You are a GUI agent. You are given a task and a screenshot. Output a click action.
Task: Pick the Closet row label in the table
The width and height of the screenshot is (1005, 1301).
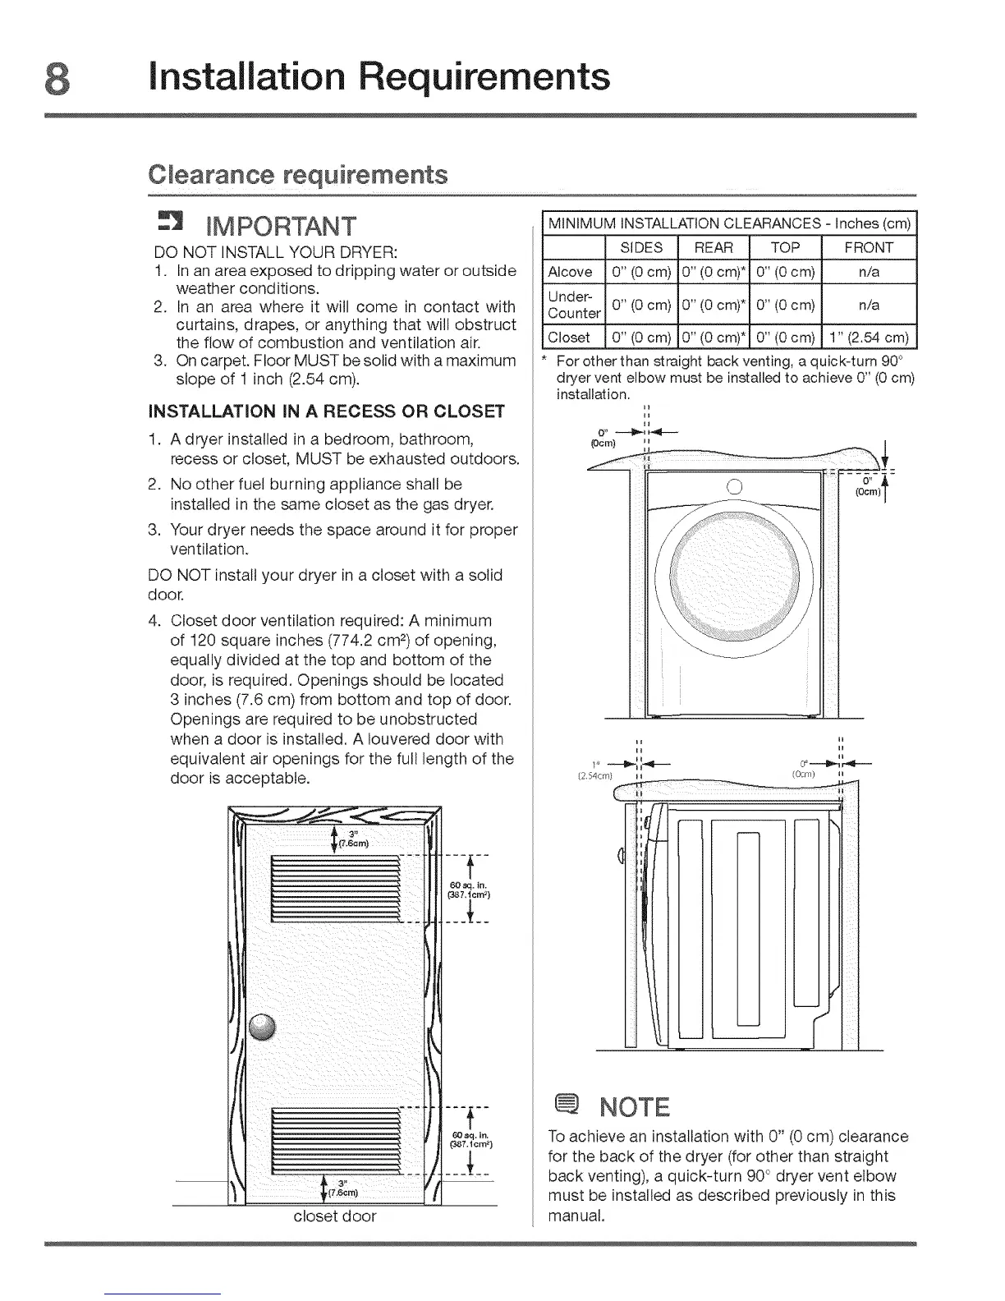[x=569, y=338]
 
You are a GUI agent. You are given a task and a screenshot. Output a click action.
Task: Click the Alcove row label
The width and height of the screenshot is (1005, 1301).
[x=570, y=272]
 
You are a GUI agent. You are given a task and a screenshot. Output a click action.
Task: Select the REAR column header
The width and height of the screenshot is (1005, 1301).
[x=714, y=247]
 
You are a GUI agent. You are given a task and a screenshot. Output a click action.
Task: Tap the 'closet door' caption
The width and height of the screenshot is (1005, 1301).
[x=335, y=1216]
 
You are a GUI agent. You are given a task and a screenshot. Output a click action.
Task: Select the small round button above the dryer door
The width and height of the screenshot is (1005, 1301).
[x=735, y=485]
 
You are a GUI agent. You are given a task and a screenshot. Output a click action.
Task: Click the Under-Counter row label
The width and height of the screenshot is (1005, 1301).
[x=573, y=304]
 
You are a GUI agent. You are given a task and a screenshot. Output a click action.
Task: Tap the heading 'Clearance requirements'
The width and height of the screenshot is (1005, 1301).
[x=298, y=175]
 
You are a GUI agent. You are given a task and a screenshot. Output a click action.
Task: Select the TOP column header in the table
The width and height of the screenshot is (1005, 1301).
[x=785, y=247]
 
